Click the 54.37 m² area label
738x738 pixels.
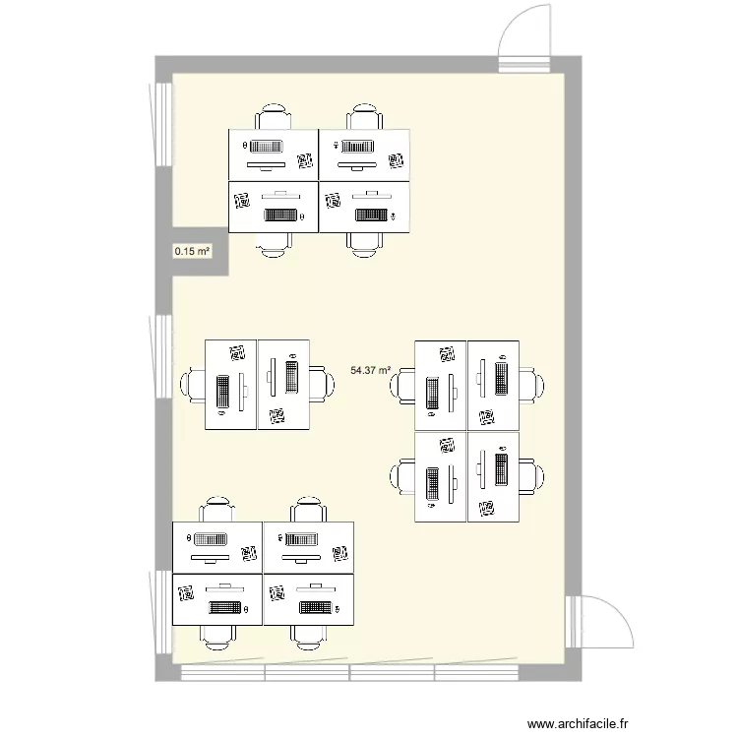tap(370, 371)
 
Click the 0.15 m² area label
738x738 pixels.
tap(192, 252)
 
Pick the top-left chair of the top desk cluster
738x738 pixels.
tap(274, 117)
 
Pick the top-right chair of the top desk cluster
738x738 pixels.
tap(363, 117)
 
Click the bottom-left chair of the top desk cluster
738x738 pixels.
tap(275, 243)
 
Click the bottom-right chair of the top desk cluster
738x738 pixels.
tap(363, 243)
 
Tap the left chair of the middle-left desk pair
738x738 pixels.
tap(192, 385)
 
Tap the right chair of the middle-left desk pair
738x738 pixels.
tap(320, 385)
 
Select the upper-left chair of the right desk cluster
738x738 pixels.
tap(403, 385)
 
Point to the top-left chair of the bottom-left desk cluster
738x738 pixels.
tap(216, 511)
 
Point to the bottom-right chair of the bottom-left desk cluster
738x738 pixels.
tap(308, 636)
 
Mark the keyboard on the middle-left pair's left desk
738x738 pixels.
tap(222, 392)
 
